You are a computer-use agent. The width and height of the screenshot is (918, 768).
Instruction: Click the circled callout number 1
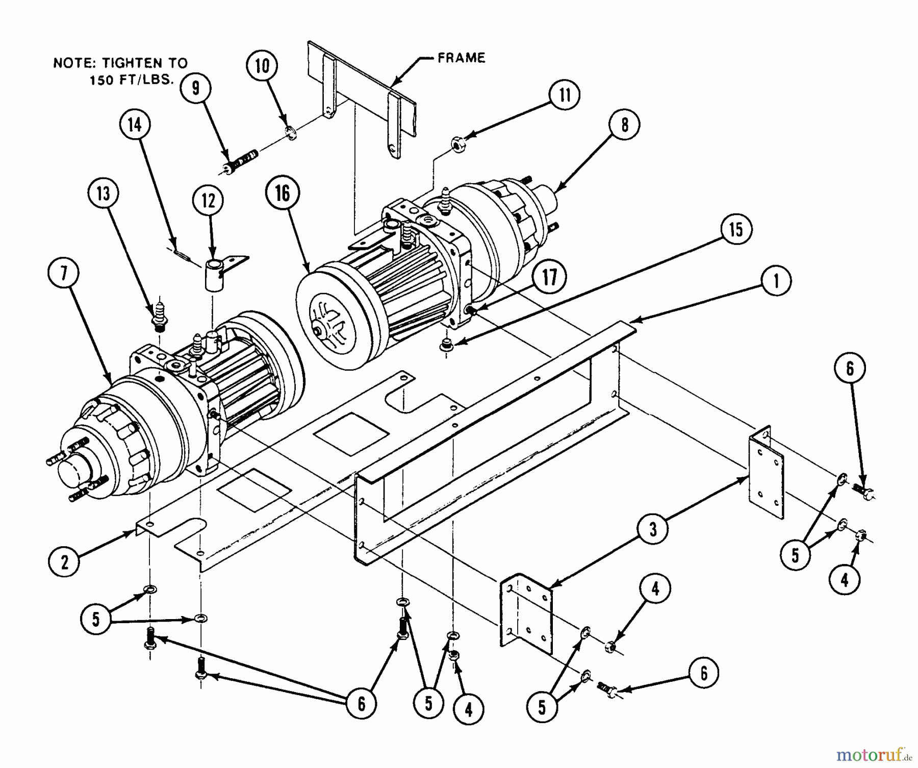776,280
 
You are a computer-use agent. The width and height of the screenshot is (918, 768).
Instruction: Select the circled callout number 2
64,562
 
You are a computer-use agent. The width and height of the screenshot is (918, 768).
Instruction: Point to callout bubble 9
195,88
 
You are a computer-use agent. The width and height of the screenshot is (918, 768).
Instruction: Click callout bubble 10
262,66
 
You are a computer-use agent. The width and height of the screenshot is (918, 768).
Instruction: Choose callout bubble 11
565,95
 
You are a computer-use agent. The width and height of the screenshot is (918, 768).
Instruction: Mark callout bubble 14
135,124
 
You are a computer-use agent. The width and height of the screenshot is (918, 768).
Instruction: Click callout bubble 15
736,229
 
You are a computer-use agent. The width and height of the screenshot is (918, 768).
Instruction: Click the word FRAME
461,58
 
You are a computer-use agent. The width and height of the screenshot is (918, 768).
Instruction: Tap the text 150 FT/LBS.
132,80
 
